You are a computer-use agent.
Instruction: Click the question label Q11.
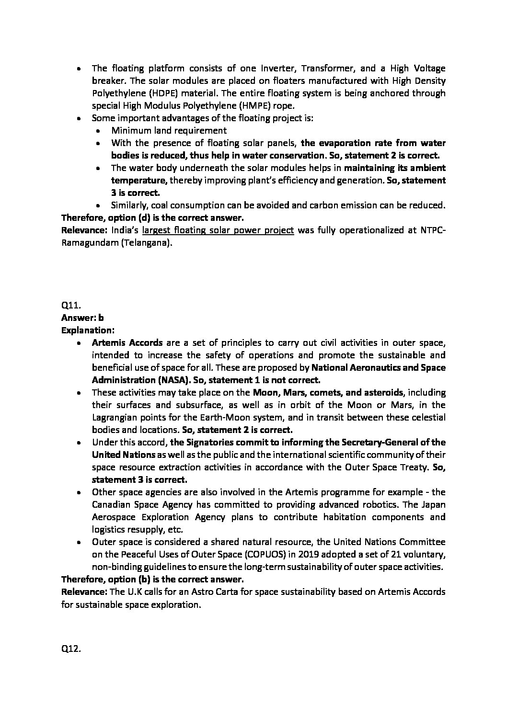(70, 305)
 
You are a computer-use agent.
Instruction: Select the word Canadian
(113, 504)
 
